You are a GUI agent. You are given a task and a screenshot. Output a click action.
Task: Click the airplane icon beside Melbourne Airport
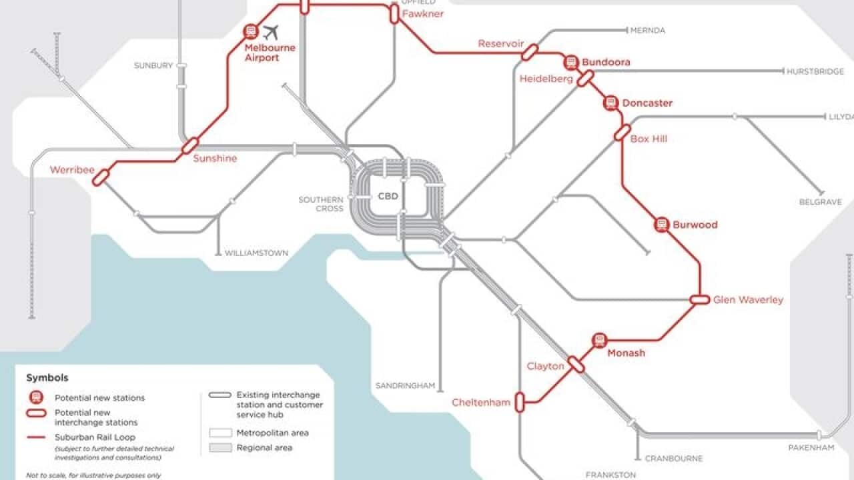[270, 32]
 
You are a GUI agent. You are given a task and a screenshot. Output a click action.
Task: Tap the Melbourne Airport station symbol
[251, 31]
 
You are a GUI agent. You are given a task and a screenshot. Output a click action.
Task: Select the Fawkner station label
[422, 13]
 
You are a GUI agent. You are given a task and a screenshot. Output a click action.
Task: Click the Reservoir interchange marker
[530, 52]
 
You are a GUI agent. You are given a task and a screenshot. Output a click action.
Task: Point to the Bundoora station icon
[570, 63]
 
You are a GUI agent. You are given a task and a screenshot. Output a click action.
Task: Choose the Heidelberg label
[546, 79]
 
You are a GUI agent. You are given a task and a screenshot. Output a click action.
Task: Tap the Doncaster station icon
[610, 103]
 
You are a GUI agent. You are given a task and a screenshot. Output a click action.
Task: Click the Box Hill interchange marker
[622, 133]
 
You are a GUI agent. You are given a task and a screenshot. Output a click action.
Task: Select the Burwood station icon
[661, 225]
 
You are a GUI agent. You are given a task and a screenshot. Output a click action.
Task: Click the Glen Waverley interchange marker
[700, 300]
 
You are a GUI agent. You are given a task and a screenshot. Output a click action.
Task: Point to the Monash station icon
[599, 341]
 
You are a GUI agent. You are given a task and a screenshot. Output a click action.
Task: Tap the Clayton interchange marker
[576, 365]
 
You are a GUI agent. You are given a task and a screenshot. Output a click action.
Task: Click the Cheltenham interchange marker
[520, 401]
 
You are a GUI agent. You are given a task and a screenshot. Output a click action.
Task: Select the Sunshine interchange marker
[190, 145]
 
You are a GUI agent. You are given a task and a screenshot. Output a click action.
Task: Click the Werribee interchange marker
[101, 177]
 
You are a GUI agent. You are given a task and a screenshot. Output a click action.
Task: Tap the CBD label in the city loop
[388, 197]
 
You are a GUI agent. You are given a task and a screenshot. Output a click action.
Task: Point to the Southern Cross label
[321, 204]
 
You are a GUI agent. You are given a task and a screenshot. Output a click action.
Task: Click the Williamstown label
[256, 253]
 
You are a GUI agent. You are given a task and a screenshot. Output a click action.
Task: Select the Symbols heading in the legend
[47, 378]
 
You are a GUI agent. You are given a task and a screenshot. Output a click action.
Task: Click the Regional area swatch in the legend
[220, 448]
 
